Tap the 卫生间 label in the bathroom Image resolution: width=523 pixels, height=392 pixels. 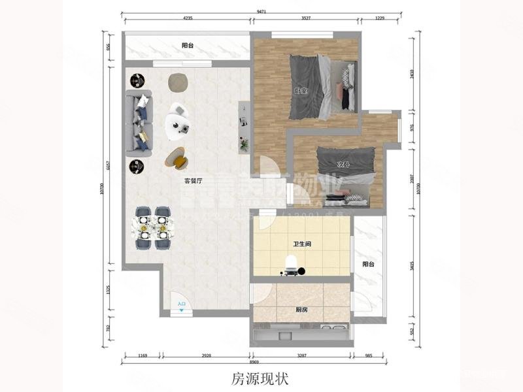pyautogui.click(x=301, y=244)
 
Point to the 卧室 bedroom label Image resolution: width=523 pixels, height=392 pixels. pyautogui.click(x=301, y=91)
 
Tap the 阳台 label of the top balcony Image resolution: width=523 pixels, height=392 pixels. pyautogui.click(x=188, y=46)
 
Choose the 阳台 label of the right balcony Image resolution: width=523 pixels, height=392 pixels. pyautogui.click(x=369, y=264)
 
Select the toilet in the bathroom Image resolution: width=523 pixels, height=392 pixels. pyautogui.click(x=292, y=265)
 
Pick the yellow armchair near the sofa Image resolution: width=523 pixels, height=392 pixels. pyautogui.click(x=178, y=157)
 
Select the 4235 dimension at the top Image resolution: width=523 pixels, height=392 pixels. pyautogui.click(x=188, y=19)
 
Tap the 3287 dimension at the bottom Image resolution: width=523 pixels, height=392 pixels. pyautogui.click(x=301, y=356)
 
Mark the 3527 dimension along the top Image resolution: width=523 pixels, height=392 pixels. pyautogui.click(x=301, y=19)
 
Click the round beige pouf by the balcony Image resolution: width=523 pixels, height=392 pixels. pyautogui.click(x=178, y=81)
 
